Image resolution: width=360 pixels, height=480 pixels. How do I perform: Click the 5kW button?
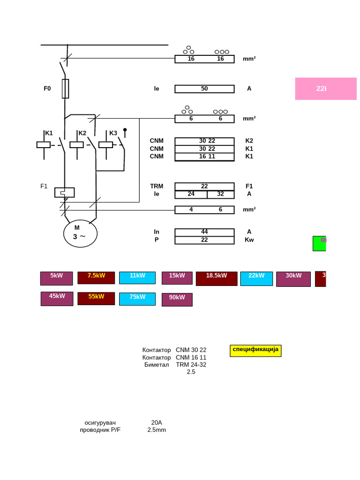tap(56, 278)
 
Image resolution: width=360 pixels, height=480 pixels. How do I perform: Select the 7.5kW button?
tap(96, 277)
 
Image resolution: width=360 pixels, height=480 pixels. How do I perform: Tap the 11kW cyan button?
tap(137, 278)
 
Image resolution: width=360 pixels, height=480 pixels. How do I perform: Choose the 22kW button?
tap(256, 278)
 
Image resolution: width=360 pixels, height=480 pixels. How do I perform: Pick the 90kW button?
tap(177, 300)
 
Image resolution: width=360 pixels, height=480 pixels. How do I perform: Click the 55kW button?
tap(96, 299)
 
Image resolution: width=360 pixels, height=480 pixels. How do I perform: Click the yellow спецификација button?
tap(255, 351)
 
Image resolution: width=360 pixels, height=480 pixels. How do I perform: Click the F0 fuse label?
tap(47, 89)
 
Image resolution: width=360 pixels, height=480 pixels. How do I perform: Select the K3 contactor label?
tap(113, 133)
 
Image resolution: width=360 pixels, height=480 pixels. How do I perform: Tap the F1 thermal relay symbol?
tap(65, 192)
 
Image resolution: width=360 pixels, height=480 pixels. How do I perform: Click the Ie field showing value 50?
tap(204, 89)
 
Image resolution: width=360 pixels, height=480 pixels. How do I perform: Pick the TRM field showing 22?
tap(204, 186)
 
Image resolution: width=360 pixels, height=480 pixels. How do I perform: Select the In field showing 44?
tap(204, 232)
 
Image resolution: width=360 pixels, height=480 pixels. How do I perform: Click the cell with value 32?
tap(220, 194)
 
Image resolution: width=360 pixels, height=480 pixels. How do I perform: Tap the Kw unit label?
tap(249, 240)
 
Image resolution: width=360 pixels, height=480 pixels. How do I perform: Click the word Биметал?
tap(157, 365)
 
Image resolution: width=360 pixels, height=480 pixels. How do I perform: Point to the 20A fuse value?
tap(157, 422)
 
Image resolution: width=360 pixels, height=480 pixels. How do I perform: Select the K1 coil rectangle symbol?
tap(44, 145)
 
